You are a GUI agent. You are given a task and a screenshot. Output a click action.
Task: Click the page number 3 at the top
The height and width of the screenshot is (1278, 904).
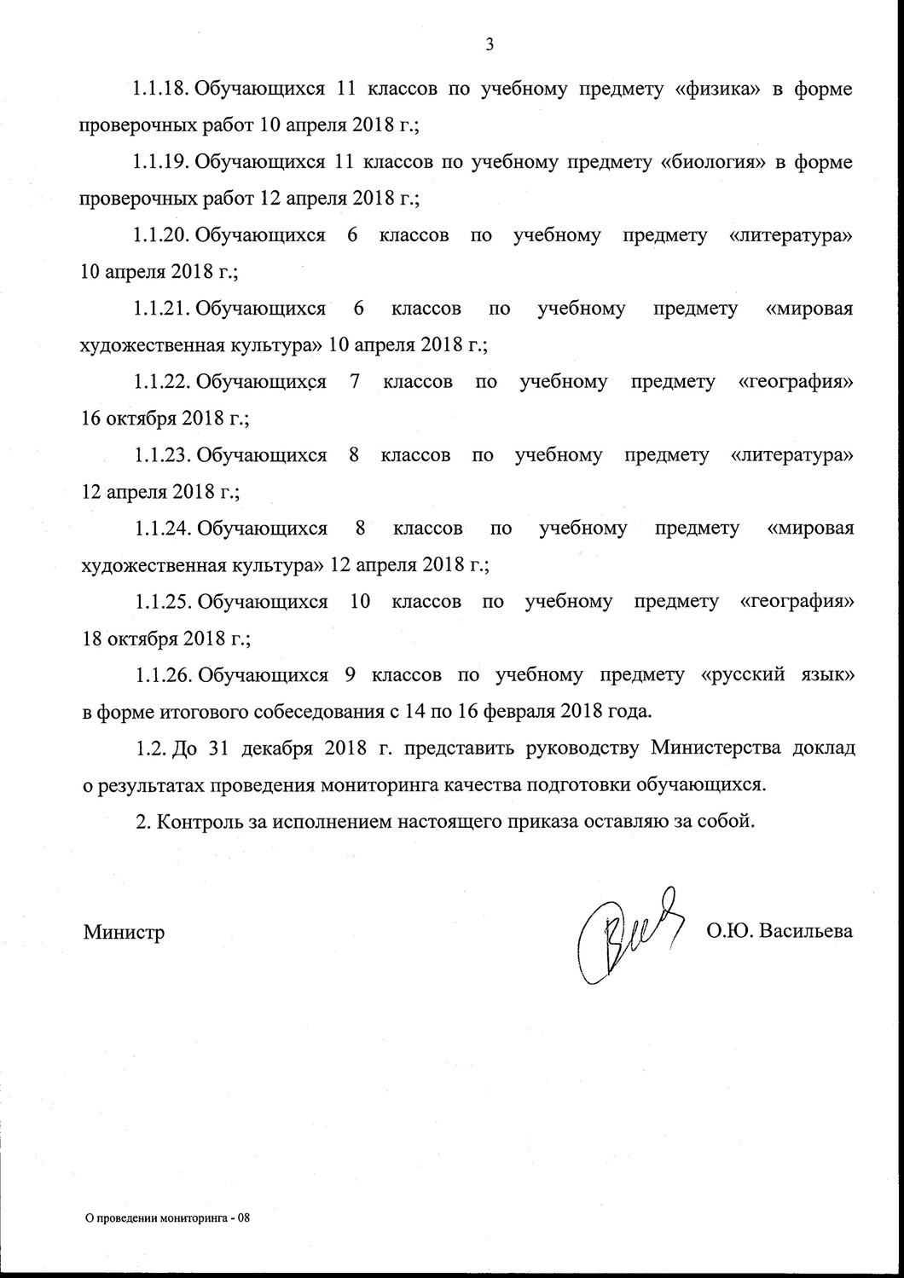pyautogui.click(x=490, y=46)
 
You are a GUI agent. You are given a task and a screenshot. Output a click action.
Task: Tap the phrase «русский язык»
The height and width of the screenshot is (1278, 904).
pyautogui.click(x=776, y=675)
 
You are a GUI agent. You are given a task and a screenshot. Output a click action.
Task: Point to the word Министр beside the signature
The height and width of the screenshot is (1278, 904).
pyautogui.click(x=124, y=932)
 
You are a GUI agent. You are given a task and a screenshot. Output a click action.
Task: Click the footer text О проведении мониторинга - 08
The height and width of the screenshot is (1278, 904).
pyautogui.click(x=165, y=1218)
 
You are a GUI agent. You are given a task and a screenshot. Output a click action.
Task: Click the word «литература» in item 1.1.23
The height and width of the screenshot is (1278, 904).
pyautogui.click(x=792, y=455)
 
